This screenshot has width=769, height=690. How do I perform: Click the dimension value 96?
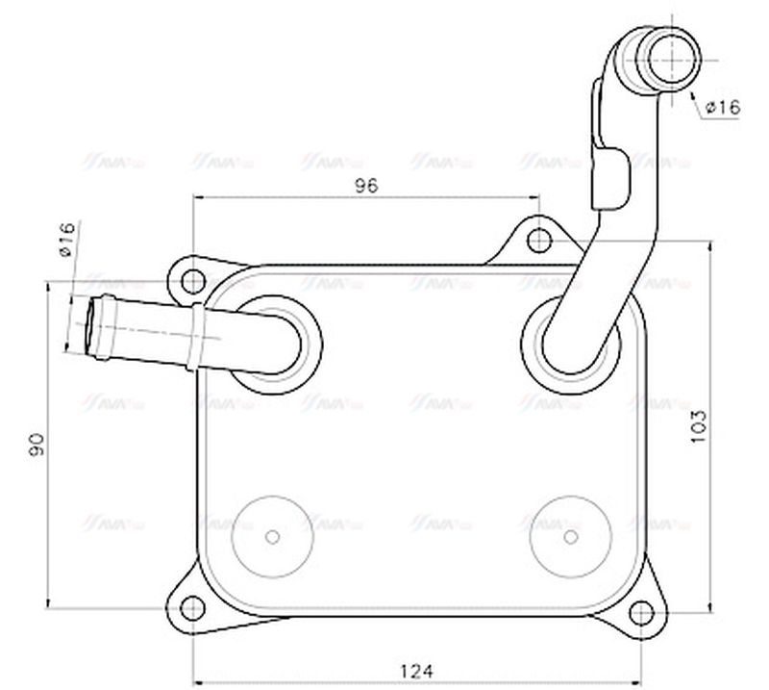point(366,185)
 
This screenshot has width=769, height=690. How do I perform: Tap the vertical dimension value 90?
point(37,445)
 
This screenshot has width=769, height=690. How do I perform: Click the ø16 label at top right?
point(722,108)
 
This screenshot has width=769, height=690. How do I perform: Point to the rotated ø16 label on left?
point(65,240)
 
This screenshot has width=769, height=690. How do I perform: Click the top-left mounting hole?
point(194,282)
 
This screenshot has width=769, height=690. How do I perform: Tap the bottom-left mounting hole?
point(194,606)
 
